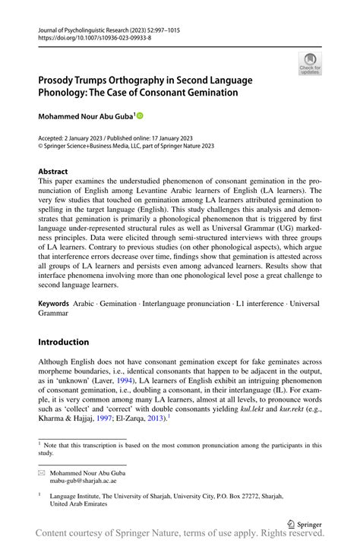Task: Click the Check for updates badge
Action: pos(309,65)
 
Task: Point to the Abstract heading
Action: pos(54,172)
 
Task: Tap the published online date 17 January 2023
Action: pos(159,139)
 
